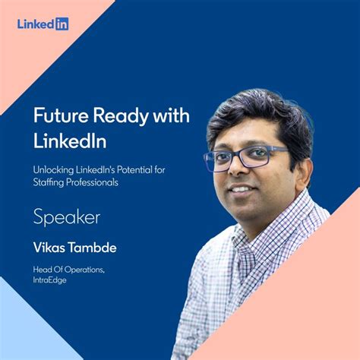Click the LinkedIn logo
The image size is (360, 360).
pos(43,24)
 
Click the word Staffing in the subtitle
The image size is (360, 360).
pos(50,182)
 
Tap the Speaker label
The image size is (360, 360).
pos(67,218)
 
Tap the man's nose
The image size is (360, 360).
pos(238,169)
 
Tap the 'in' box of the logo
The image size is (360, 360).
pos(62,24)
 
